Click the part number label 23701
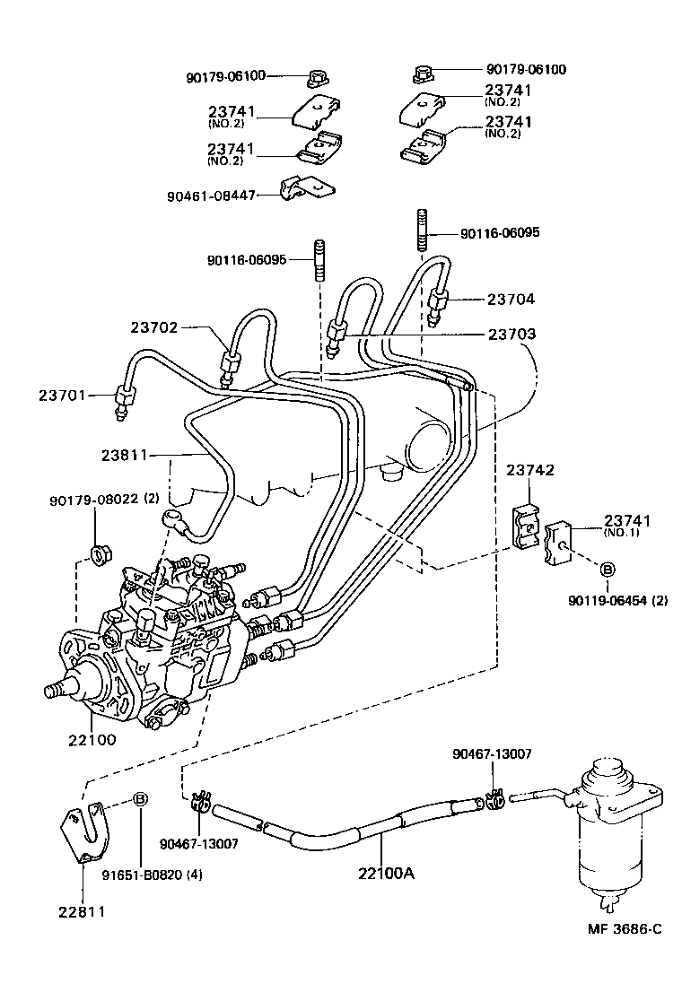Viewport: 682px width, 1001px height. tap(62, 395)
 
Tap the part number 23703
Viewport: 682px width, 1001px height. tap(511, 334)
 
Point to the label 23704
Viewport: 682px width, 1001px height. tap(511, 299)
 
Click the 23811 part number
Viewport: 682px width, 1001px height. tap(125, 456)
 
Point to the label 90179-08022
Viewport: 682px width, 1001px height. tap(93, 499)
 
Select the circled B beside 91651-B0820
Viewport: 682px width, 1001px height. tap(140, 800)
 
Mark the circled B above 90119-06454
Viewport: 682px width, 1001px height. tap(607, 570)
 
